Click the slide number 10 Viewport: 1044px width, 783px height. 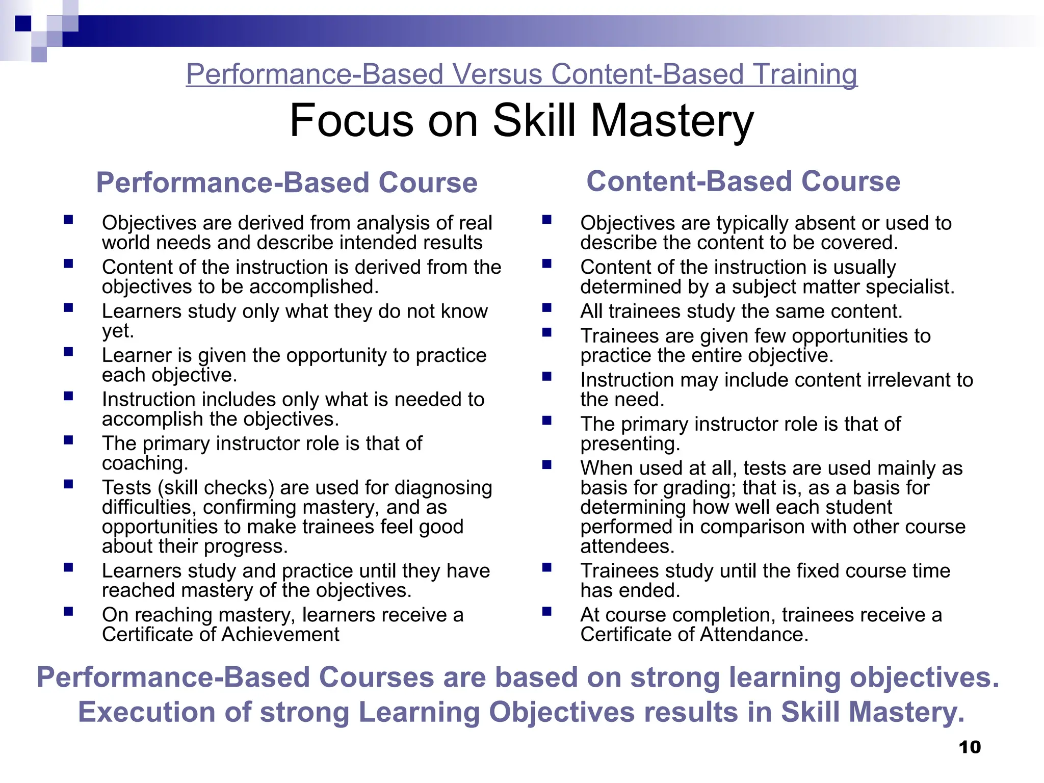[970, 747]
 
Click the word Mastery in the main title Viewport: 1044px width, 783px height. [672, 121]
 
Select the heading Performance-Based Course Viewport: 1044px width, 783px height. [286, 182]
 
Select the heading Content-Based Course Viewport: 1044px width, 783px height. [743, 181]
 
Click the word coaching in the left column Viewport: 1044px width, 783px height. [145, 463]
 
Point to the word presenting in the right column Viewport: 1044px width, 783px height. [630, 444]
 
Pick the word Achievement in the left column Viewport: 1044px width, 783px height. [280, 635]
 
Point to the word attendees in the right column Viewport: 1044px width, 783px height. [627, 546]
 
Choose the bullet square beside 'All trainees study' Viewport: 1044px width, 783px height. [547, 307]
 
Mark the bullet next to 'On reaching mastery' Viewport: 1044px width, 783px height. [68, 611]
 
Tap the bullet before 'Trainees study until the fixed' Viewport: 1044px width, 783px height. [547, 567]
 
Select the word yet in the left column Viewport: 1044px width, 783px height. [117, 331]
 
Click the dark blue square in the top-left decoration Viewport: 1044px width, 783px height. [23, 23]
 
